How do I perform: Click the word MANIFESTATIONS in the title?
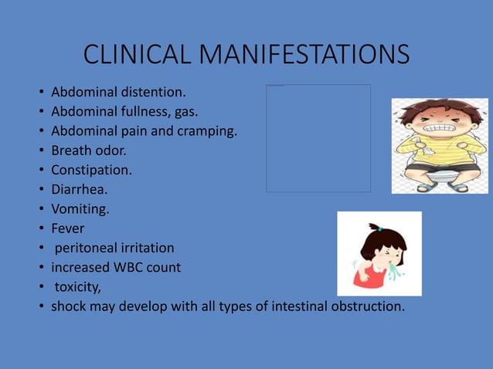click(x=304, y=56)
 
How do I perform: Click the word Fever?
click(x=68, y=228)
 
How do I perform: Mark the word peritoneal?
click(x=85, y=248)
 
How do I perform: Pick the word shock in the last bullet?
click(x=69, y=306)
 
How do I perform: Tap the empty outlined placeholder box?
click(x=318, y=137)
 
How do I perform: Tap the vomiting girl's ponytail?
click(x=376, y=229)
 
